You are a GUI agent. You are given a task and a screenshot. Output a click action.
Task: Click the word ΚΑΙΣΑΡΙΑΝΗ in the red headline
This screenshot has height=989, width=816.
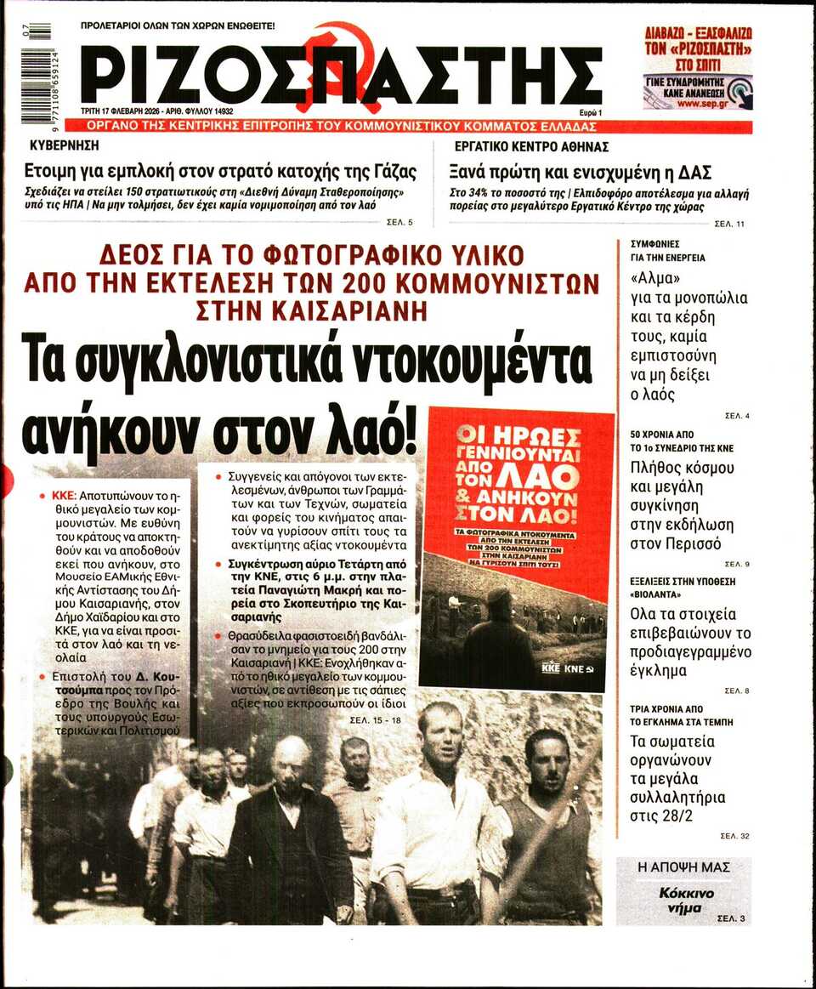click(x=311, y=311)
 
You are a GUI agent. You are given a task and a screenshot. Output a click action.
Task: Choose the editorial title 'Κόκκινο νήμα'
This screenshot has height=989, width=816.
click(x=685, y=901)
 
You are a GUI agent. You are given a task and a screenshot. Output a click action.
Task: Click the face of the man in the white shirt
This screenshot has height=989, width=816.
click(x=439, y=736)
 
